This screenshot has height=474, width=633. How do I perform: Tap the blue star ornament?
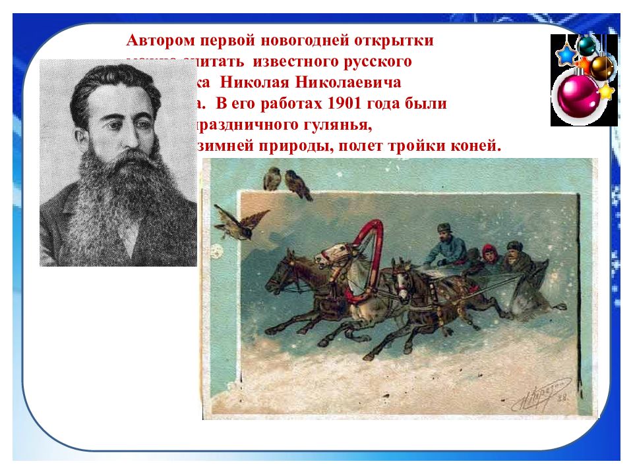[565, 55]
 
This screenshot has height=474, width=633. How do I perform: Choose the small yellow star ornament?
[605, 91]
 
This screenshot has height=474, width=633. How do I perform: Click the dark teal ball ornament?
[586, 45]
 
